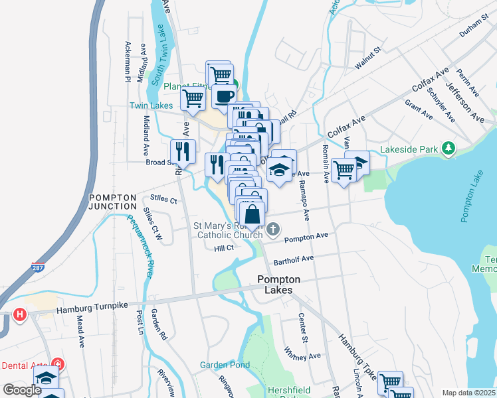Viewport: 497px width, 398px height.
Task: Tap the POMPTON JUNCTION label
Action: tap(113, 202)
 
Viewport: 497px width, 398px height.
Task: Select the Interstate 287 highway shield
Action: tap(38, 267)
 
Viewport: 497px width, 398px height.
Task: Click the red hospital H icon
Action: tap(20, 314)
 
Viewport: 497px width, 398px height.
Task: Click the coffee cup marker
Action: tap(223, 96)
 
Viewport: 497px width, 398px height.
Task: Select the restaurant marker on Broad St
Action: tap(183, 151)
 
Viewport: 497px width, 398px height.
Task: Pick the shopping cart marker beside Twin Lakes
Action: tap(193, 99)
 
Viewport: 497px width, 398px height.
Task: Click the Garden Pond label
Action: tap(225, 365)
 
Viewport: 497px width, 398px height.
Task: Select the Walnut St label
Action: tap(367, 57)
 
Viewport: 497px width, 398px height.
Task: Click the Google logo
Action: tap(22, 390)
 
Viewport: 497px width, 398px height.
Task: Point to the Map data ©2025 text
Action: tap(468, 393)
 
